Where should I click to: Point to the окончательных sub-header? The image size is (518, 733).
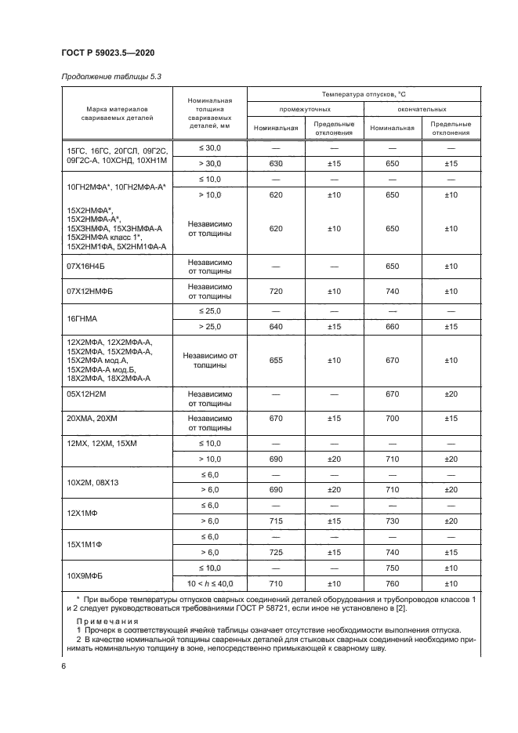[422, 109]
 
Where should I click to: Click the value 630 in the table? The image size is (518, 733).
[275, 163]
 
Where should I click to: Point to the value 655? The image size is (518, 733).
[275, 360]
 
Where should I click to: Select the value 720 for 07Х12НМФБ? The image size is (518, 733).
[275, 291]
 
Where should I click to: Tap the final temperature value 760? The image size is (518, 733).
[393, 584]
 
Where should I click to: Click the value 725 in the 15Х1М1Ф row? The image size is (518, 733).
[275, 552]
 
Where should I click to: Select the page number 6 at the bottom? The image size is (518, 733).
[63, 666]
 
